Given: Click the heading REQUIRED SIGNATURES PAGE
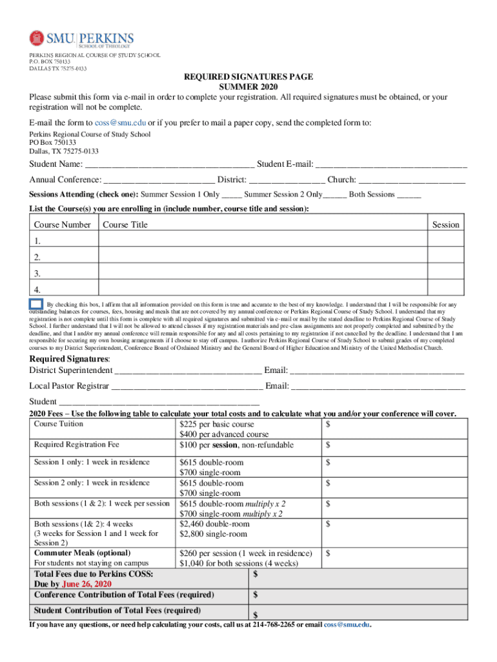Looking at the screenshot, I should tap(249, 77).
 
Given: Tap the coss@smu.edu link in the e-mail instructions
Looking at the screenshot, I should tap(120, 123).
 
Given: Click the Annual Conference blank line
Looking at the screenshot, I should tap(159, 180).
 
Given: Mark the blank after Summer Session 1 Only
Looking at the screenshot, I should tap(232, 195).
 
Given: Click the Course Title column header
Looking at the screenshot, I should tap(125, 225).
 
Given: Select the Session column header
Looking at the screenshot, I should tap(445, 225).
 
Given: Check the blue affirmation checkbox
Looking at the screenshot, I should tap(36, 304).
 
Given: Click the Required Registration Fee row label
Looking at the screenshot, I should tap(77, 445).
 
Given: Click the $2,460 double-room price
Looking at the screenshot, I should tap(214, 524).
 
